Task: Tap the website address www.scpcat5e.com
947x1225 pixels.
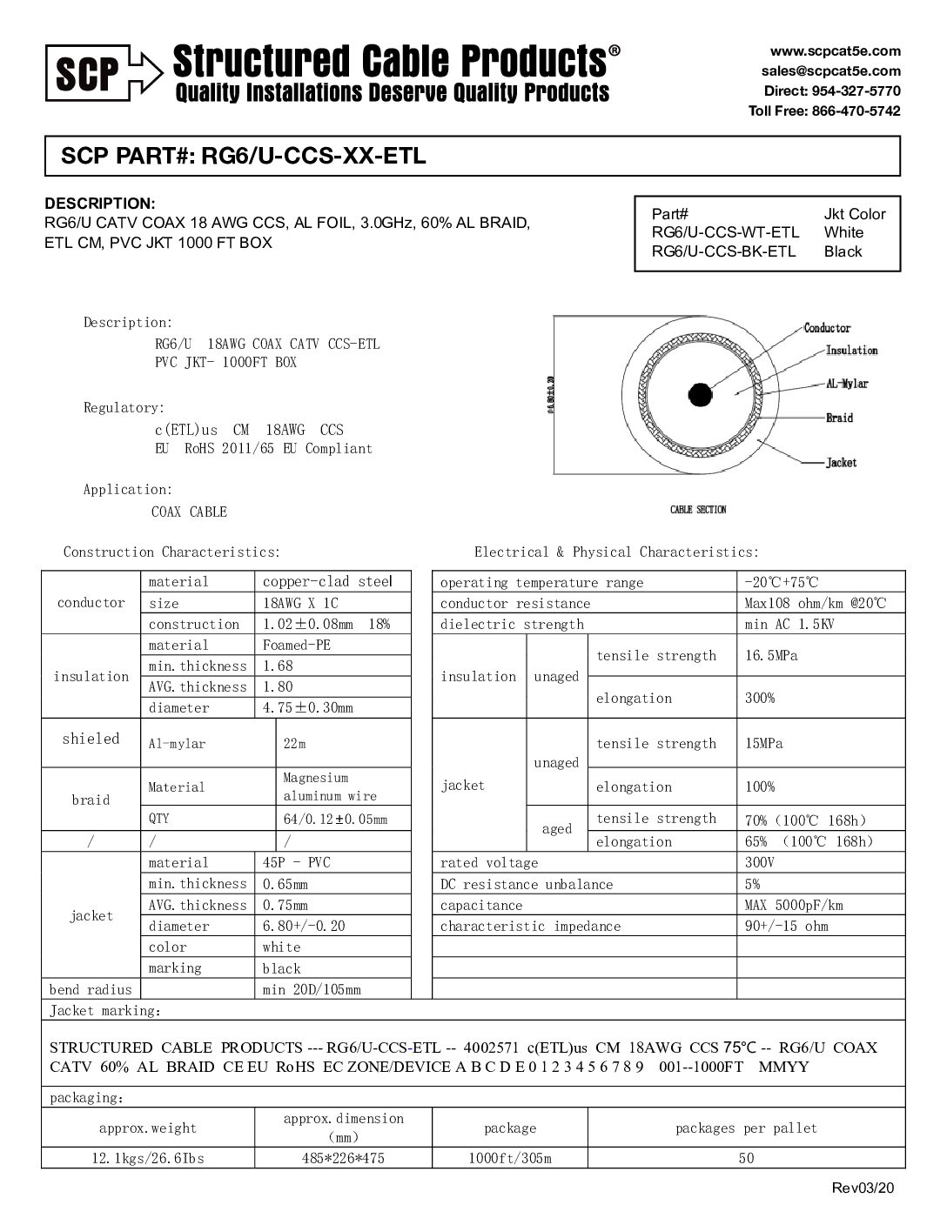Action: [835, 51]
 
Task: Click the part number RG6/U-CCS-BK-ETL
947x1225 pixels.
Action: [724, 251]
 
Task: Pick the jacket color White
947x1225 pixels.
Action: [843, 232]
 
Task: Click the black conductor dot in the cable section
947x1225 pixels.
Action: [701, 395]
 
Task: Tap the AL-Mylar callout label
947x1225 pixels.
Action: [847, 384]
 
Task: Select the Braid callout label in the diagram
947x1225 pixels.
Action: [839, 418]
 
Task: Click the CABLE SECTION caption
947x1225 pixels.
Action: [698, 510]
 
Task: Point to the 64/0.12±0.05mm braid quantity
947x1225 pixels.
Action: [335, 819]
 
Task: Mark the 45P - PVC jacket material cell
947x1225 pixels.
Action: [297, 862]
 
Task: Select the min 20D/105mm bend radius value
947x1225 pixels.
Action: [312, 989]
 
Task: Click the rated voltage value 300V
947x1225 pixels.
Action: [760, 862]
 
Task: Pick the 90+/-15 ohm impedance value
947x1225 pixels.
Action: [787, 926]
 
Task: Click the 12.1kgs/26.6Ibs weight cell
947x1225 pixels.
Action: [148, 1158]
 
